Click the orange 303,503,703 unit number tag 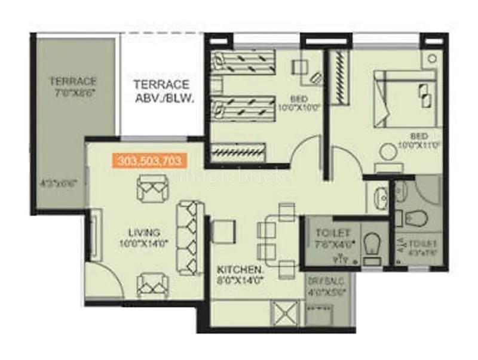150,161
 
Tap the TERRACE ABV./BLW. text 161,91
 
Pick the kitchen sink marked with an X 280,313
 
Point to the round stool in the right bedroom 389,153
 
